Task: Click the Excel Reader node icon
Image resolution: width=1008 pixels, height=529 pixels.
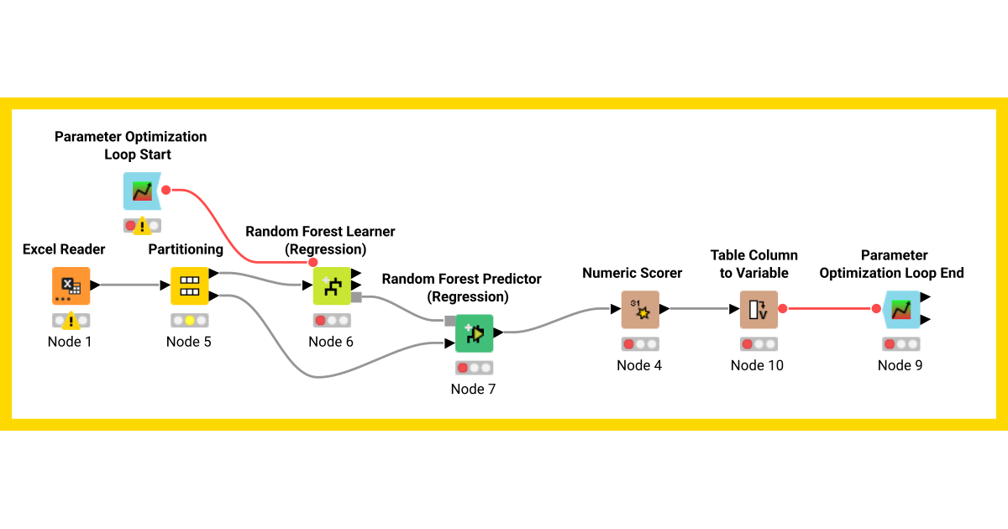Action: pyautogui.click(x=71, y=285)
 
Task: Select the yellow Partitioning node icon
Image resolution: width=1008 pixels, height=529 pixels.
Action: pyautogui.click(x=189, y=285)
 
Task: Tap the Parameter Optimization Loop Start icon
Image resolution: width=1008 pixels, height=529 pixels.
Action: pyautogui.click(x=141, y=191)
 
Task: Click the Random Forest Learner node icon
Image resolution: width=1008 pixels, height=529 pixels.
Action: pyautogui.click(x=332, y=285)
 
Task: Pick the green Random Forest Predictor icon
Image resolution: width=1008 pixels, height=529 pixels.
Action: pyautogui.click(x=475, y=333)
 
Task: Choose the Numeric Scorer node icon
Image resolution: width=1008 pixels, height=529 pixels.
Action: pyautogui.click(x=640, y=310)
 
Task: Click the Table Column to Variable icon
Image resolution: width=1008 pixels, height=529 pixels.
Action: pyautogui.click(x=759, y=309)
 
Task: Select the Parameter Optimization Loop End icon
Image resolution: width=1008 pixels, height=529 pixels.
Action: pyautogui.click(x=900, y=309)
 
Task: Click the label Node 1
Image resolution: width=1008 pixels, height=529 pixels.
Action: pyautogui.click(x=71, y=342)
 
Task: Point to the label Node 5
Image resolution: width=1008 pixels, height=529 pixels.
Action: pyautogui.click(x=189, y=342)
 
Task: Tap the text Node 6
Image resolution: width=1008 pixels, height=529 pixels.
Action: pyautogui.click(x=331, y=342)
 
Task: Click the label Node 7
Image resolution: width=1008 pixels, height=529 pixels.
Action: pyautogui.click(x=474, y=389)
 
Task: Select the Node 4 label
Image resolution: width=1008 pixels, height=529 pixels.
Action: pyautogui.click(x=639, y=365)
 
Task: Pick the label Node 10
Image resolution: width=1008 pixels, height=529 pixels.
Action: pyautogui.click(x=757, y=365)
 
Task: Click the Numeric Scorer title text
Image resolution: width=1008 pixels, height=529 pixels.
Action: pyautogui.click(x=633, y=273)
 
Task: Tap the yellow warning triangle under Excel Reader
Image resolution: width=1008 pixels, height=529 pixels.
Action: pyautogui.click(x=71, y=320)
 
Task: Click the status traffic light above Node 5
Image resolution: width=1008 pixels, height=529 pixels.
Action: pyautogui.click(x=189, y=320)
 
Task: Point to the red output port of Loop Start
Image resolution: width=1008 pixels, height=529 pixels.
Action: pyautogui.click(x=165, y=190)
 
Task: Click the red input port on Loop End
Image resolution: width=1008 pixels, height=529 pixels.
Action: pyautogui.click(x=876, y=309)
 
